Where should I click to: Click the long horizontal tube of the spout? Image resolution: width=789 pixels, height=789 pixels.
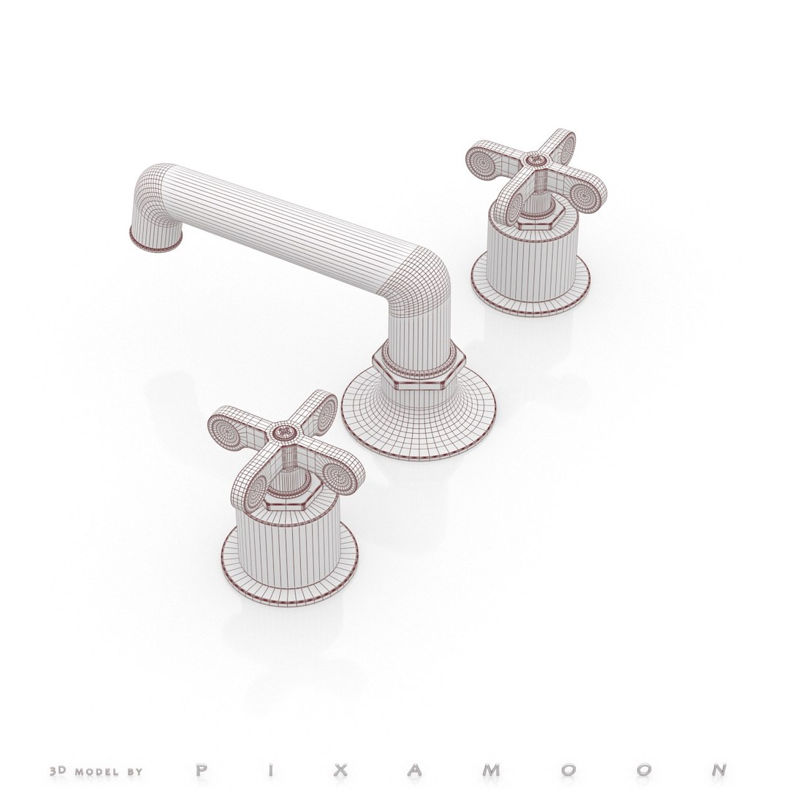292,219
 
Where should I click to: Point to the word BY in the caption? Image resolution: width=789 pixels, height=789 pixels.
135,750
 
